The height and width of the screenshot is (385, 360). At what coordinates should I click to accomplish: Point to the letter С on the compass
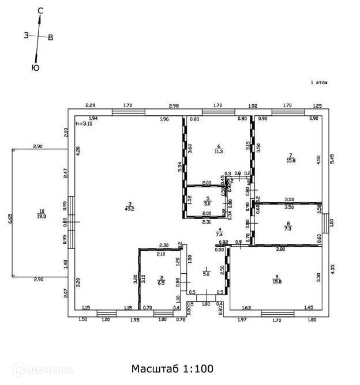coord(40,10)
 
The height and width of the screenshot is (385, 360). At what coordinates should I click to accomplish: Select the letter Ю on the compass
coord(35,67)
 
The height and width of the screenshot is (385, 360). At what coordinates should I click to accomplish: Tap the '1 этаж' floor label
coord(319,83)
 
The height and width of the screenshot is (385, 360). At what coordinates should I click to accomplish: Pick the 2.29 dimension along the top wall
coord(90,105)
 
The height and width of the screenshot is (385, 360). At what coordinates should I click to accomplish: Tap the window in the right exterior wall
coord(324,224)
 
